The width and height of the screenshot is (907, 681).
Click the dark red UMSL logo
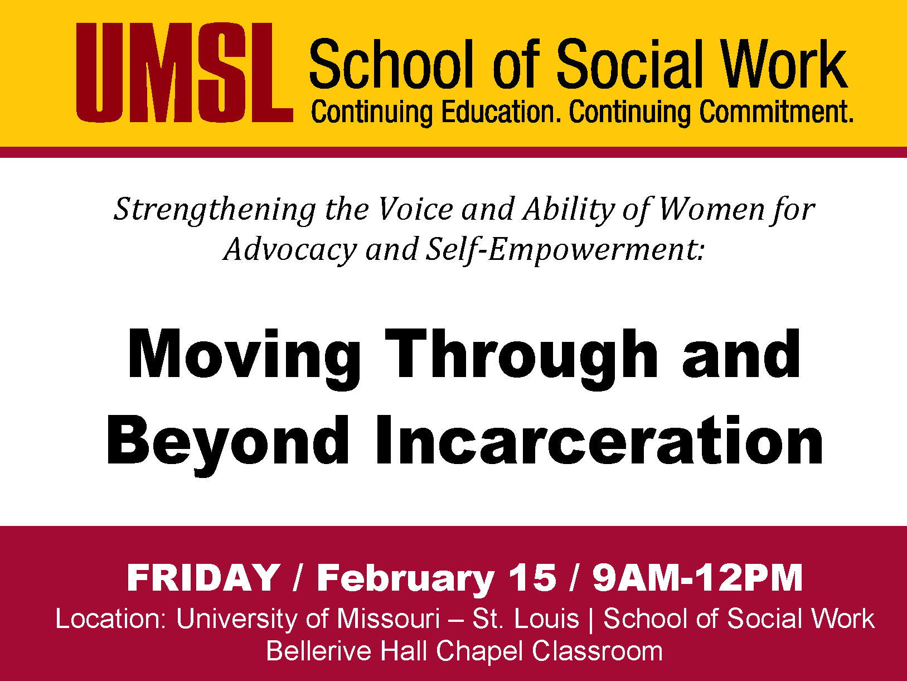pyautogui.click(x=185, y=73)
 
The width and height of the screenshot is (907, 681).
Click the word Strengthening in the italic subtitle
pyautogui.click(x=215, y=210)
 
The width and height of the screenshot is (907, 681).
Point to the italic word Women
pyautogui.click(x=712, y=210)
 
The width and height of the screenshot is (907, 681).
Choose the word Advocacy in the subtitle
pyautogui.click(x=290, y=251)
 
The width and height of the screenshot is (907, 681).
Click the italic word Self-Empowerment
pyautogui.click(x=565, y=251)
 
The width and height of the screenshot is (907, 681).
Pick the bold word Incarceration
pyautogui.click(x=599, y=441)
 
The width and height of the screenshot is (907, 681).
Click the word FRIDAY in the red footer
pyautogui.click(x=203, y=578)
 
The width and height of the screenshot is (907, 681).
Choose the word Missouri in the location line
pyautogui.click(x=389, y=619)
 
